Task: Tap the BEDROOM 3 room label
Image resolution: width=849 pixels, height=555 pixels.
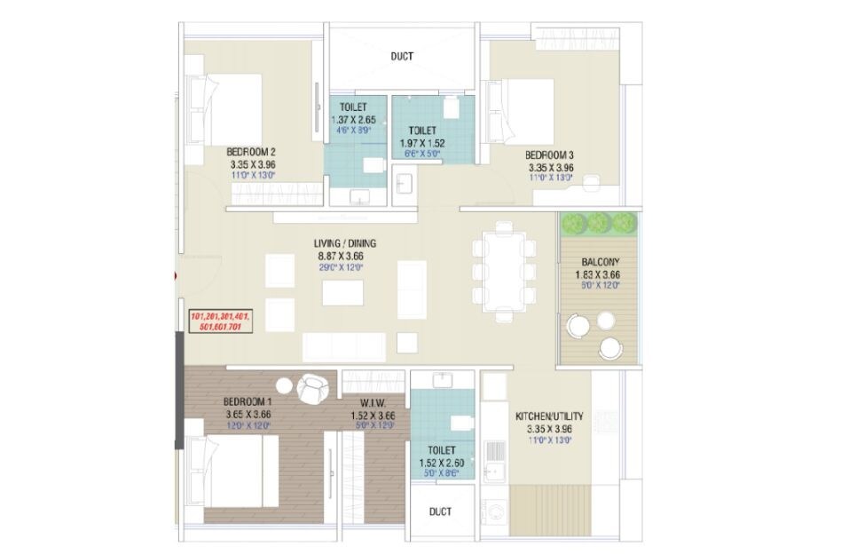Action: (551, 154)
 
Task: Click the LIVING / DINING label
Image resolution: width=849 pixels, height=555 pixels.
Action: (342, 243)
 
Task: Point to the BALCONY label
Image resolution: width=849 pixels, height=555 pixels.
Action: (601, 262)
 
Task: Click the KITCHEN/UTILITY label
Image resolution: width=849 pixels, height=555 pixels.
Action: (549, 416)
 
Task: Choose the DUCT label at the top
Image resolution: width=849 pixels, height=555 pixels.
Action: (402, 56)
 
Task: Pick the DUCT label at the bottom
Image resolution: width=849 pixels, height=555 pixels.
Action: (439, 511)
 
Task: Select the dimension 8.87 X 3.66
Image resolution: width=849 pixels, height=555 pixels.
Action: (342, 255)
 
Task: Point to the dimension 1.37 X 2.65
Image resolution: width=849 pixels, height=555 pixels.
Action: (353, 120)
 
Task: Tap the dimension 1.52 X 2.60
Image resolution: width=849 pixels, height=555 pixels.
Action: (441, 463)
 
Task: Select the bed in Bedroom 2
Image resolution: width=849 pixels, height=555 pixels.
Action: (225, 107)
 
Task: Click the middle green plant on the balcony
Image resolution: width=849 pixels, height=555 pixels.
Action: (599, 222)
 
